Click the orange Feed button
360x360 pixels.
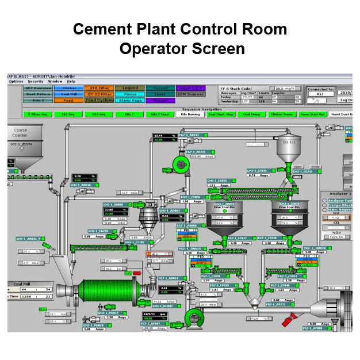click(x=67, y=99)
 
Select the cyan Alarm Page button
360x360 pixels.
click(x=131, y=99)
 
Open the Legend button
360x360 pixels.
click(x=131, y=88)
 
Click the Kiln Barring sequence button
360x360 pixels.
click(x=190, y=114)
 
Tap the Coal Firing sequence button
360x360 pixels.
click(x=251, y=114)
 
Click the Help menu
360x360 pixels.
click(x=71, y=81)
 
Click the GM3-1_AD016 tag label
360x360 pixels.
click(x=81, y=185)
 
